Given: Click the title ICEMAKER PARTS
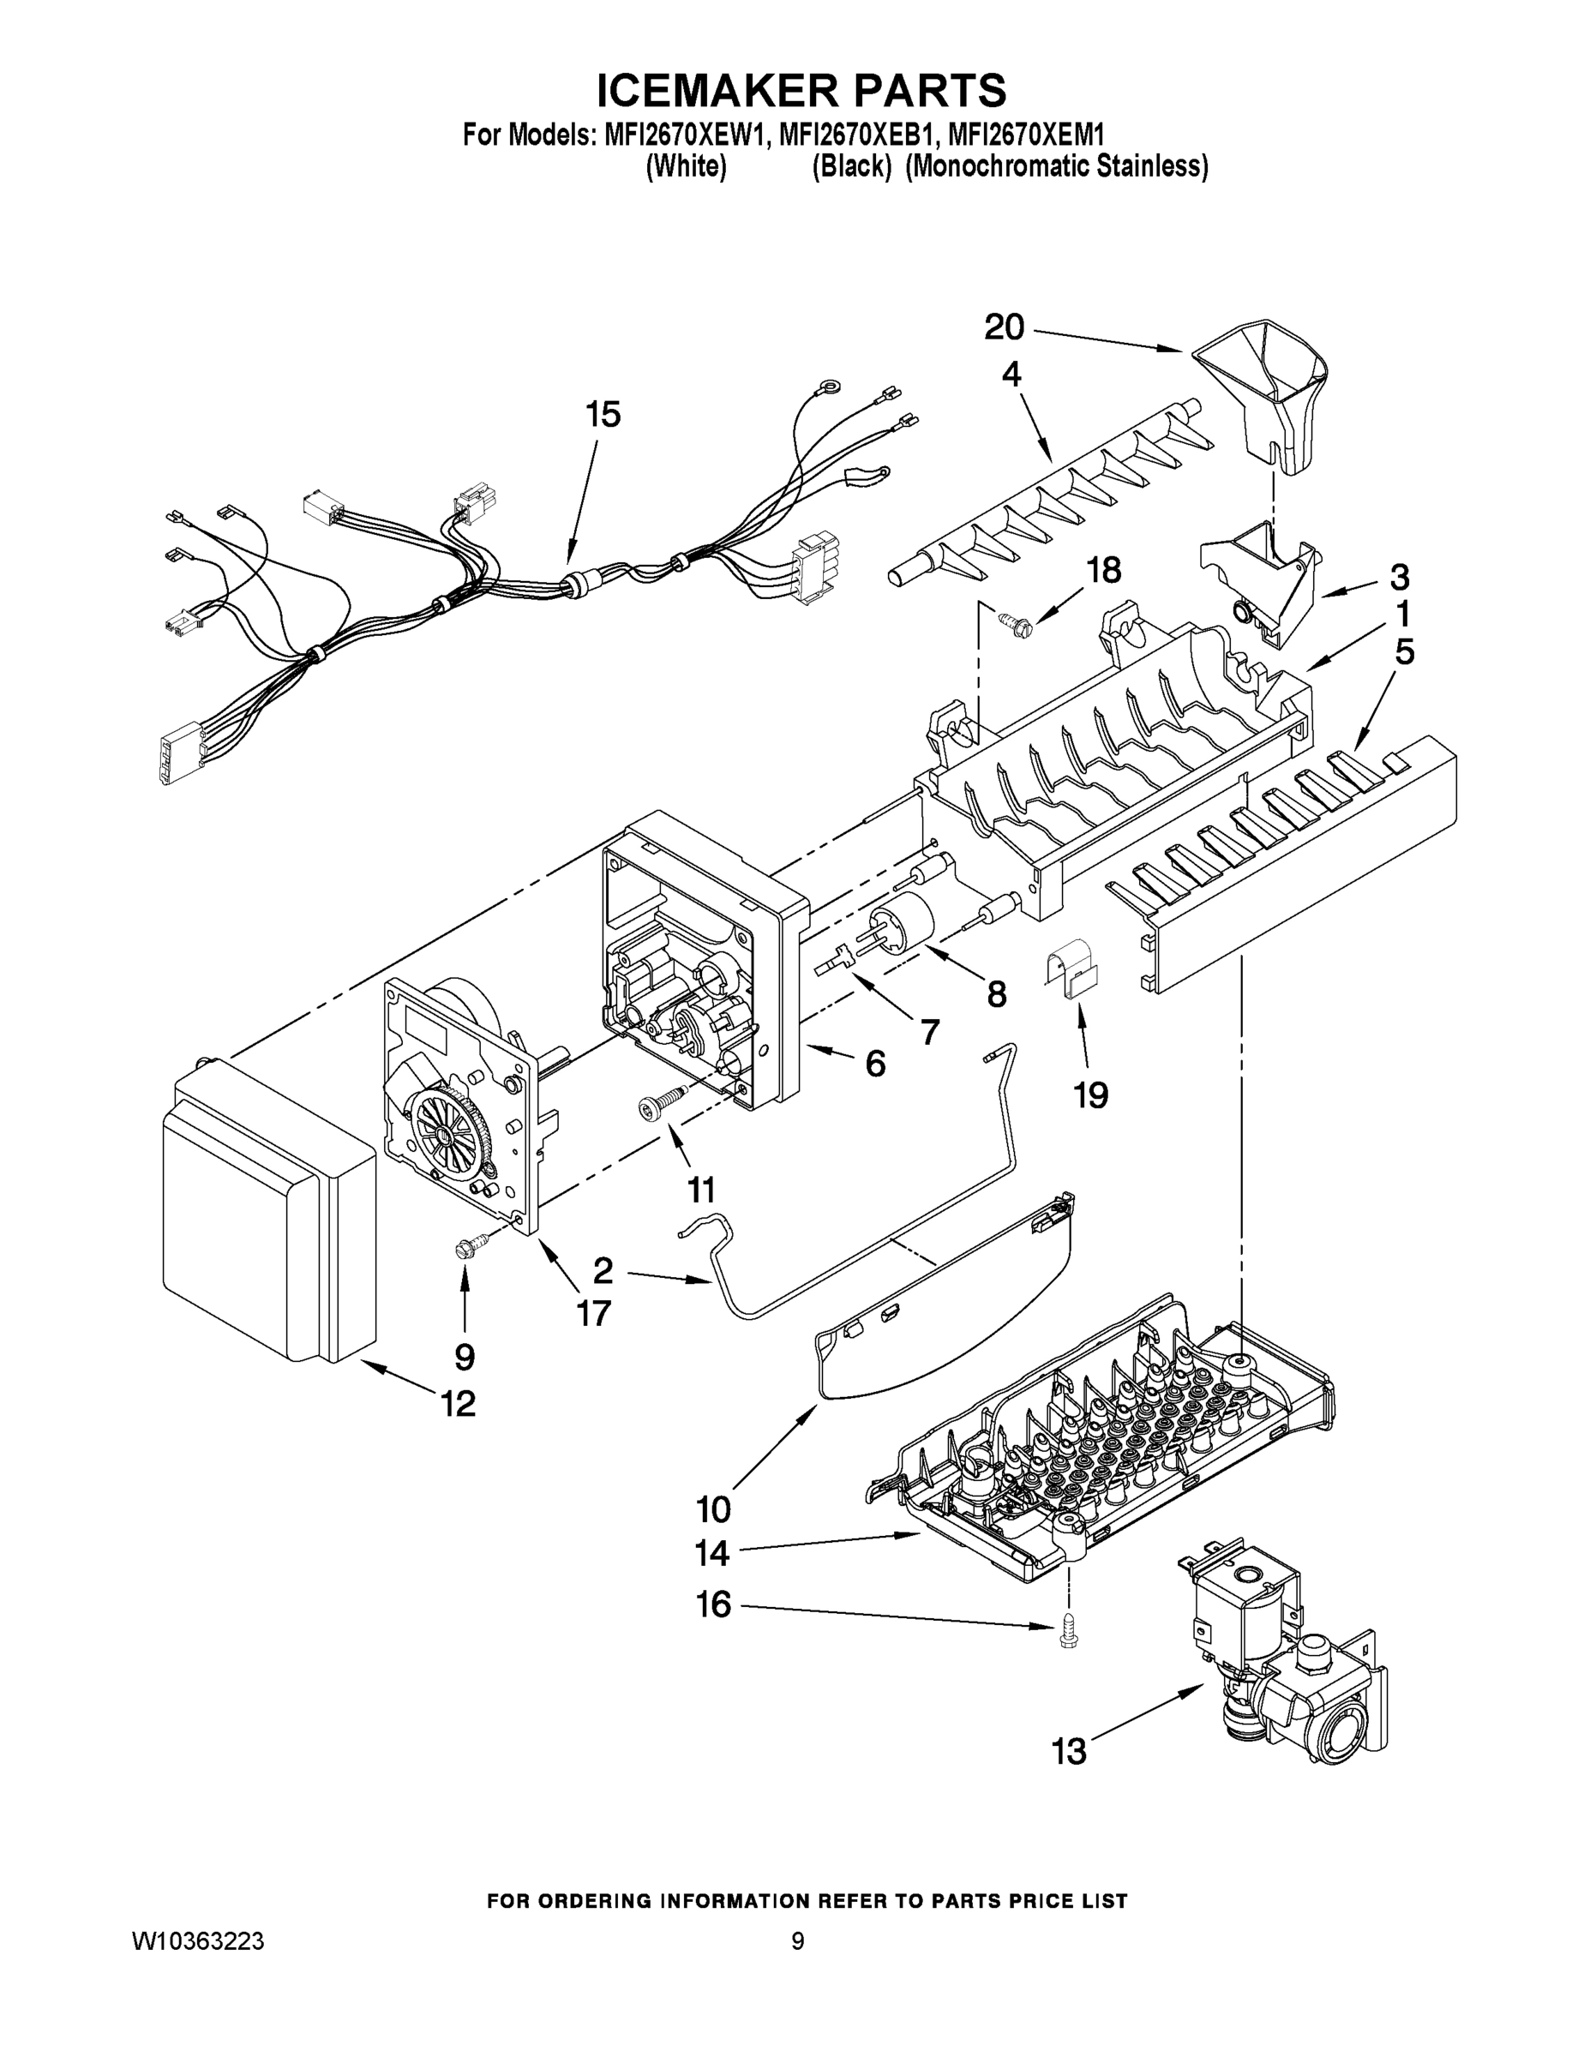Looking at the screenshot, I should tap(801, 92).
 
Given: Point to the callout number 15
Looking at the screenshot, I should tap(603, 415).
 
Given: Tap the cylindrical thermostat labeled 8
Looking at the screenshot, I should tap(903, 921).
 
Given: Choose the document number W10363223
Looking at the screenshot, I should tap(198, 1940).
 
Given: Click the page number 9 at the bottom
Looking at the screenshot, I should tap(797, 1940).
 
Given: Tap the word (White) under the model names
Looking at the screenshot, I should tap(686, 168).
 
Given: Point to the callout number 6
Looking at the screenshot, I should tap(875, 1064).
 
